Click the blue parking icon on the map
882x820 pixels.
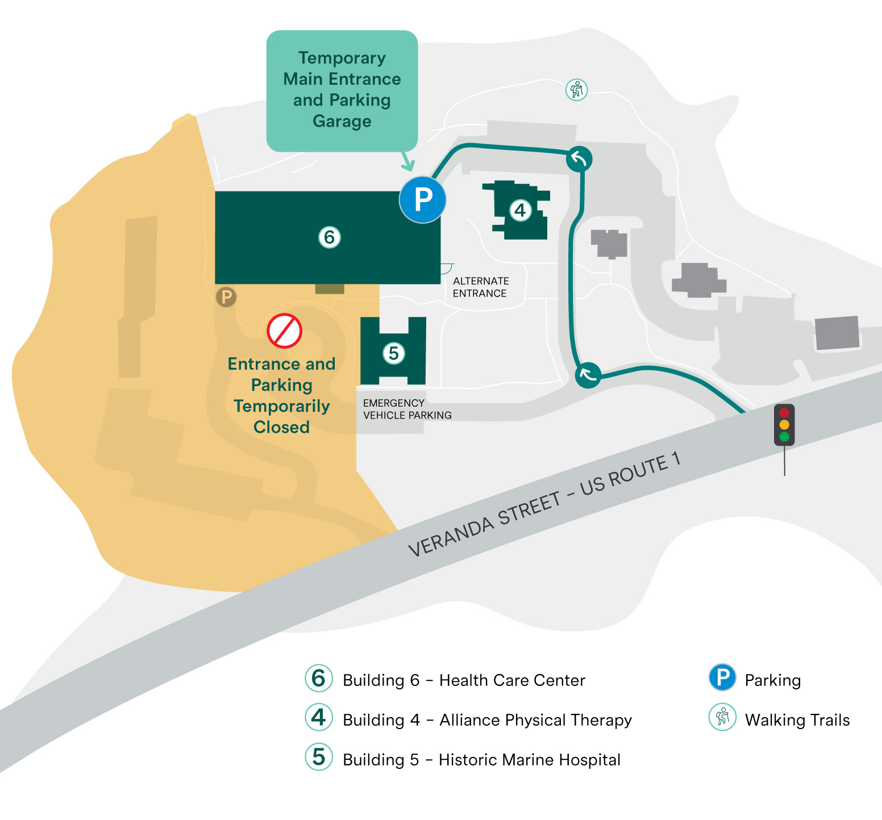[422, 199]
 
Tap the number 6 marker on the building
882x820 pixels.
[330, 237]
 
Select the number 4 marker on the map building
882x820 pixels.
[520, 211]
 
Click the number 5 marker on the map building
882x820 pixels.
[393, 353]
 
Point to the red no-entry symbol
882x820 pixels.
[284, 330]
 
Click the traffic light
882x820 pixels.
[784, 425]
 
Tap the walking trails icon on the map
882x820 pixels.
[577, 90]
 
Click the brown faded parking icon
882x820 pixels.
[226, 296]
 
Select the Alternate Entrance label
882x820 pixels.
[480, 287]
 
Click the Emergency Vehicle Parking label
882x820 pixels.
[407, 409]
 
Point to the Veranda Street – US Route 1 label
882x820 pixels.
[544, 506]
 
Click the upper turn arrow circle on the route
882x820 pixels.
[579, 159]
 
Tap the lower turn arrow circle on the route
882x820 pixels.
[588, 375]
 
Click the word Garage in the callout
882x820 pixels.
[342, 121]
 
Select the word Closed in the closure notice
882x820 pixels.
[281, 427]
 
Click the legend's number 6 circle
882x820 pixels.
[319, 678]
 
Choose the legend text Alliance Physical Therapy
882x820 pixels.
[535, 720]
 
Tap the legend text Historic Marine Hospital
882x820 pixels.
[529, 760]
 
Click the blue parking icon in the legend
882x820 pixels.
[722, 677]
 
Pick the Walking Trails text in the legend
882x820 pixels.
[797, 720]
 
